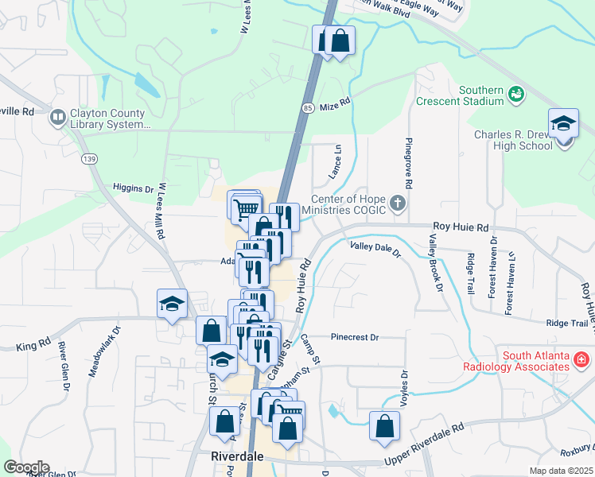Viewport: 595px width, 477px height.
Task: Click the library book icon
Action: pos(57,118)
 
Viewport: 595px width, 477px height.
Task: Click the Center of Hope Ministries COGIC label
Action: pos(348,204)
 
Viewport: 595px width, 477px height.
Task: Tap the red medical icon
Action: pos(581,361)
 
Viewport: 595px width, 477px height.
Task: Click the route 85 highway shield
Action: pos(308,106)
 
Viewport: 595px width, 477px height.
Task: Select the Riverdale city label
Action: pos(238,457)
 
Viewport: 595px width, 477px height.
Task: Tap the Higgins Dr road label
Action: pos(132,189)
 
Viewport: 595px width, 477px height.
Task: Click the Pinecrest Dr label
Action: pos(355,337)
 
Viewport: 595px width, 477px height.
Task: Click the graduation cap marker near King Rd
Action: pos(172,304)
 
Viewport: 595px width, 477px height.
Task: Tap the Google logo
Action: pos(26,467)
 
